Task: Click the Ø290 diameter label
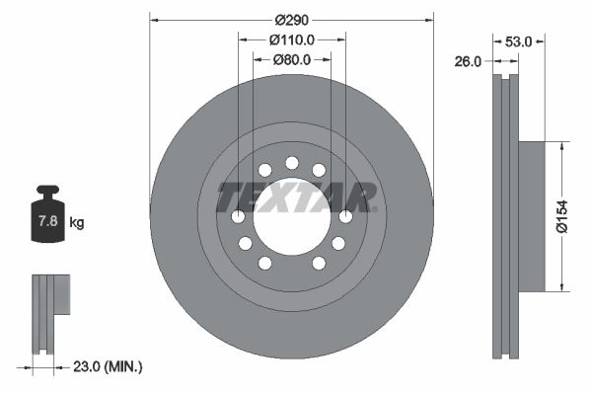291,20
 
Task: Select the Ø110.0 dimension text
291,39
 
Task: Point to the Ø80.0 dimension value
291,59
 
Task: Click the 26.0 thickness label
469,61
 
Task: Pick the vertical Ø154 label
560,215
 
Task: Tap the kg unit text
77,223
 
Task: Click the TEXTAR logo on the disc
296,197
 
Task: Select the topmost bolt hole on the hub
291,163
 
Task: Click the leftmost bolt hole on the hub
238,216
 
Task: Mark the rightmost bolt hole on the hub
345,216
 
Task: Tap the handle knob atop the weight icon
47,190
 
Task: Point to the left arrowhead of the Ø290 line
154,20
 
